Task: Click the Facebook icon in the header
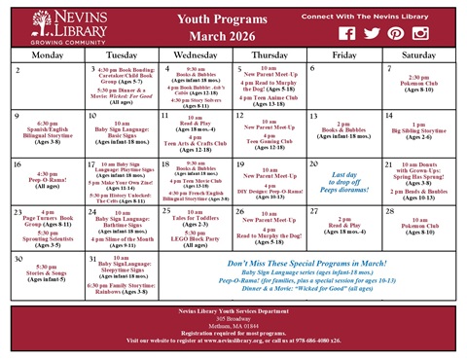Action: pos(346,33)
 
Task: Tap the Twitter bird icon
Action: pos(371,33)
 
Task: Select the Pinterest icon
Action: pos(395,33)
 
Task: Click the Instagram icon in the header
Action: pos(420,33)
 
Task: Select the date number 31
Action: pos(91,260)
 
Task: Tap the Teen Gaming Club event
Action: pos(268,143)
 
